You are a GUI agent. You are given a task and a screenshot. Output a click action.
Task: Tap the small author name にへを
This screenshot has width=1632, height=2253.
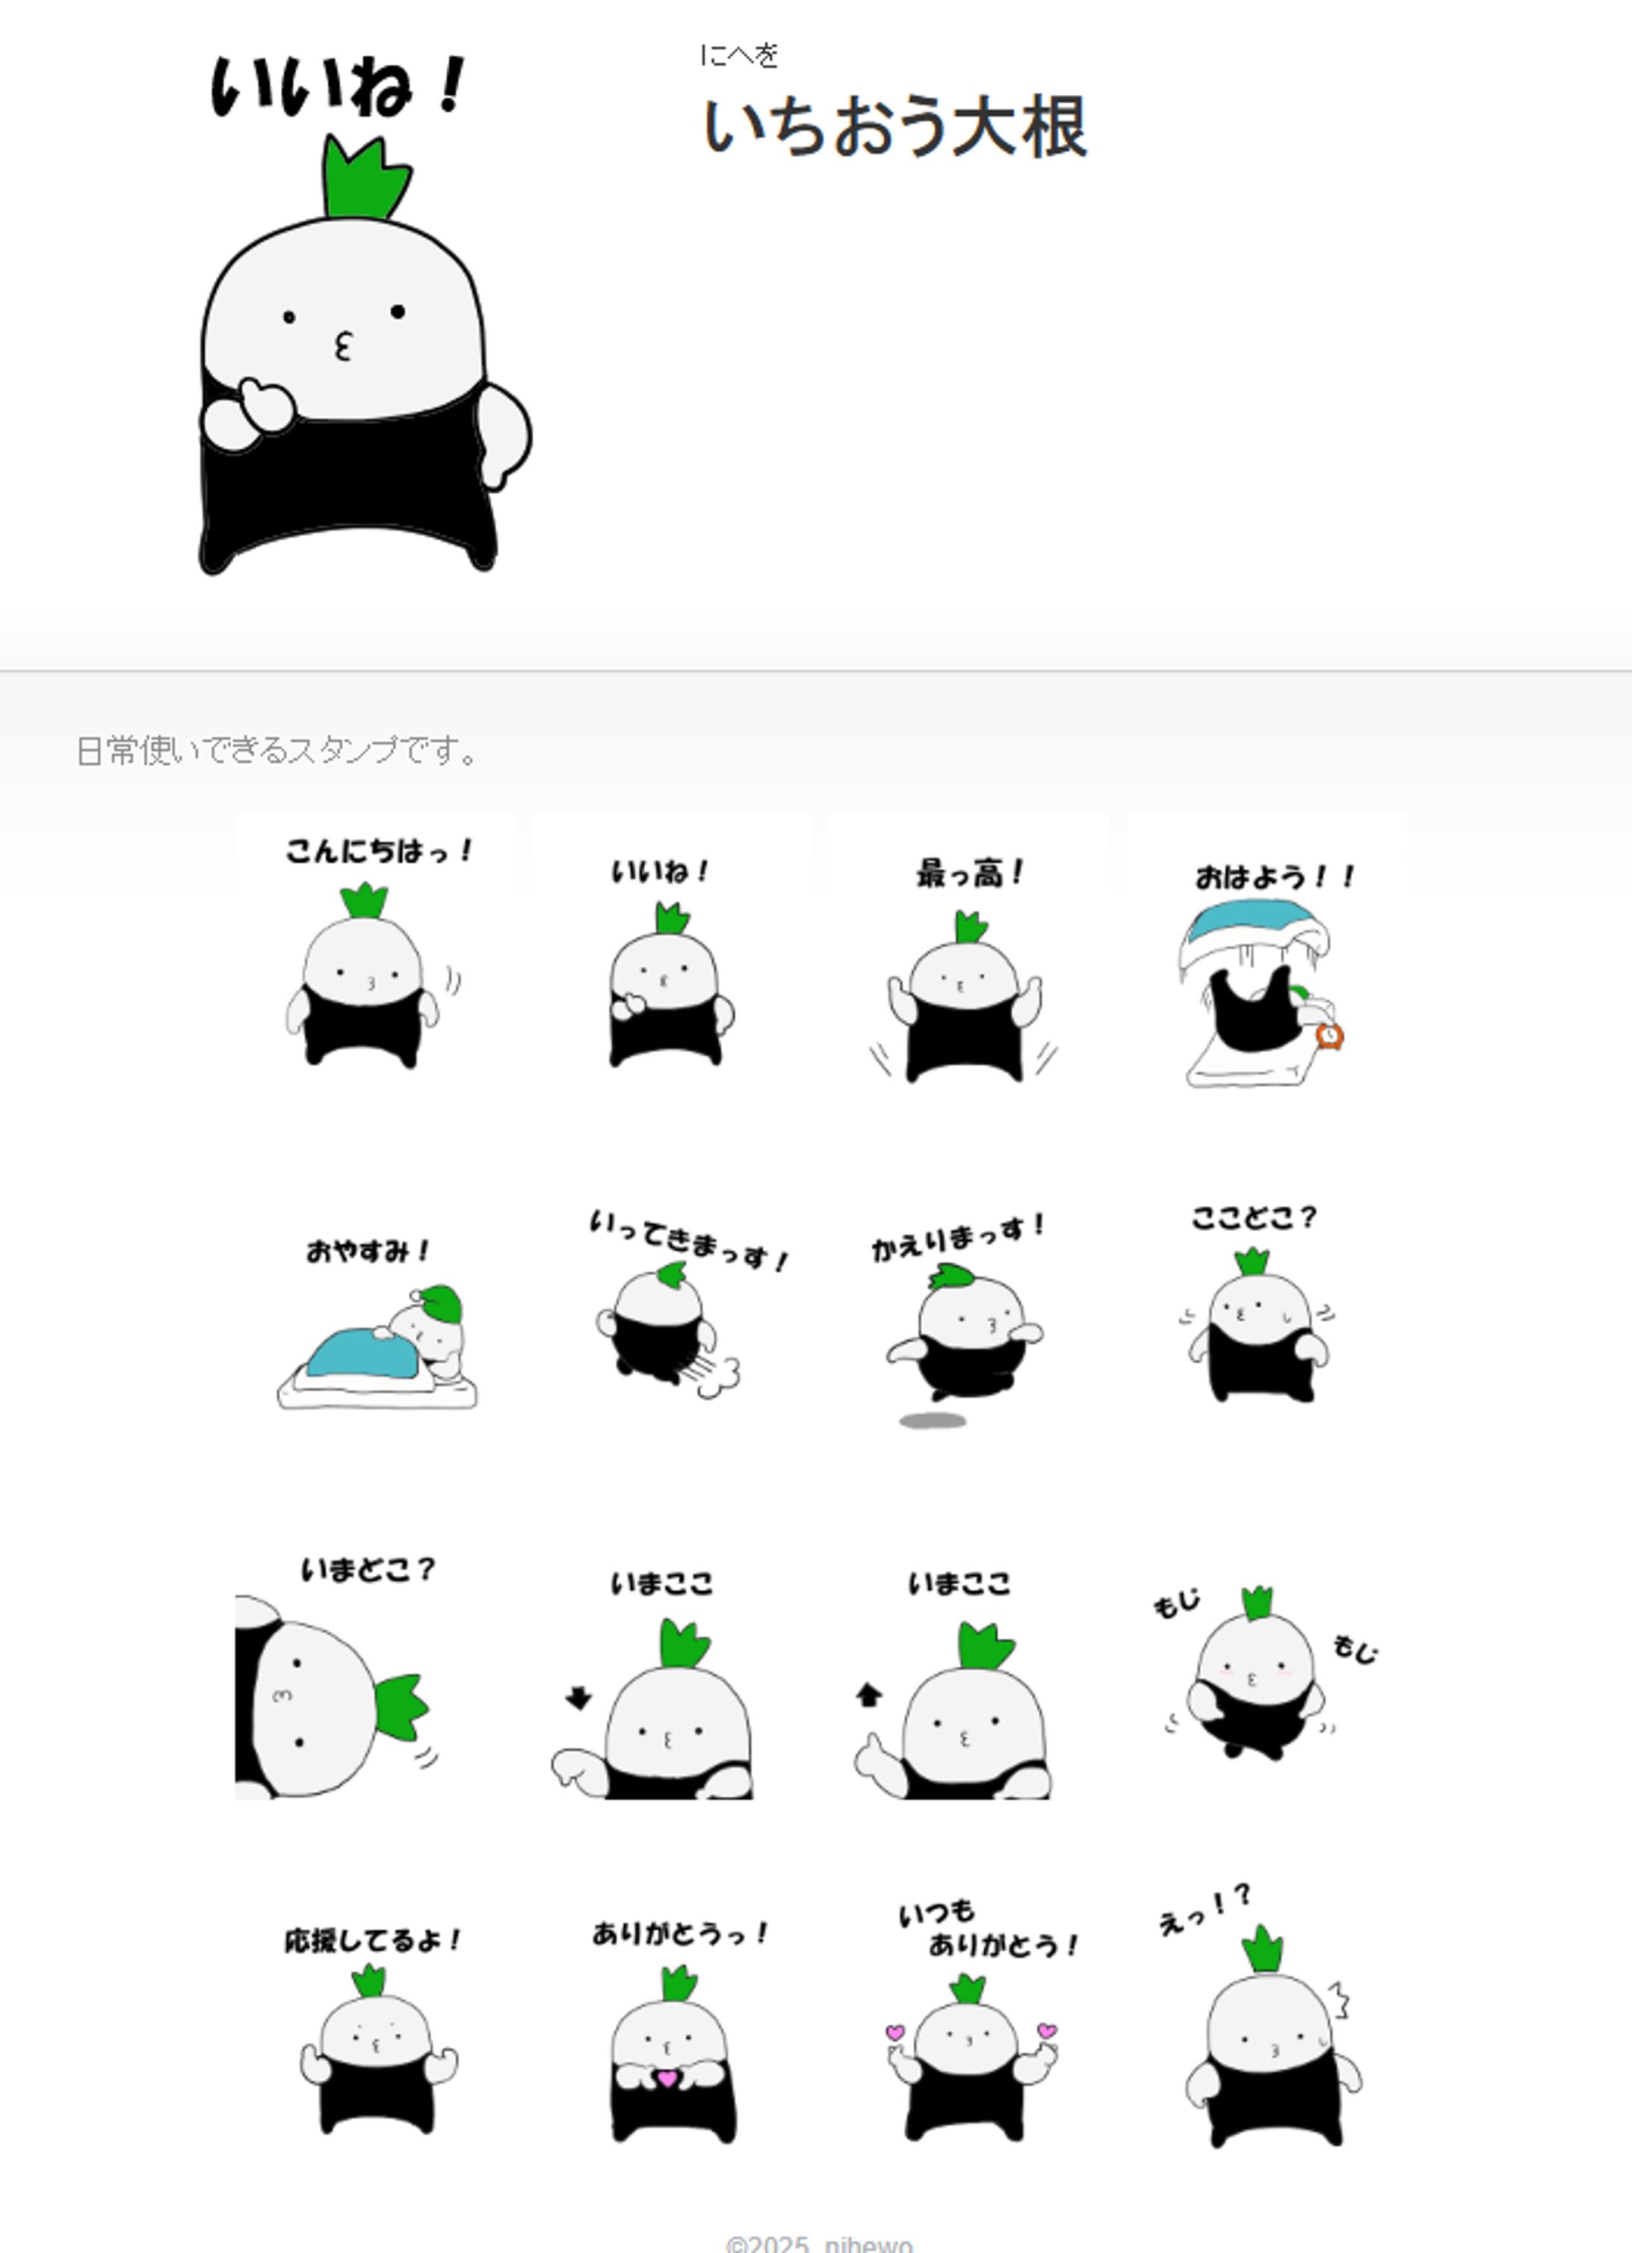(x=739, y=55)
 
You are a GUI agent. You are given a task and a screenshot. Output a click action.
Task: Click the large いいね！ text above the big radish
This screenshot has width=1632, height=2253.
(x=339, y=87)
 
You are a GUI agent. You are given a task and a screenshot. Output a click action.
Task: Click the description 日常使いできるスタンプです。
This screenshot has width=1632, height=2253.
(x=276, y=751)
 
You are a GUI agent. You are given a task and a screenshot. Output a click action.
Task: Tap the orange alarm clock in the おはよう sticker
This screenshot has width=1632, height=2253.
(x=1329, y=1036)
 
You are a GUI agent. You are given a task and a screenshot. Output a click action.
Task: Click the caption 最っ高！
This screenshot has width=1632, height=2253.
(x=969, y=874)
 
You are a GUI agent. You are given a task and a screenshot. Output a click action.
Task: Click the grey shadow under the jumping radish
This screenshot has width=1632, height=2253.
(x=932, y=1421)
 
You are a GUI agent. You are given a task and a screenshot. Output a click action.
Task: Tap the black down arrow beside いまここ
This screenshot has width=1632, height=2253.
(x=578, y=1698)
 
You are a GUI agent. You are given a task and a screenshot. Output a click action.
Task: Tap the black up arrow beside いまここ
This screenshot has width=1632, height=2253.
(x=868, y=1694)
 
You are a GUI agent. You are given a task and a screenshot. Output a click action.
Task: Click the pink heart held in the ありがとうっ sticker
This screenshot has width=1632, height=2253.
(x=667, y=2077)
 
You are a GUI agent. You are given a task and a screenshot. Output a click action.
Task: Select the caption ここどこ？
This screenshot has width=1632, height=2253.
(x=1254, y=1218)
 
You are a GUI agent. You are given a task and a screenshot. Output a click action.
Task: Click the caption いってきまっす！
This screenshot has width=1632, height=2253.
(x=688, y=1239)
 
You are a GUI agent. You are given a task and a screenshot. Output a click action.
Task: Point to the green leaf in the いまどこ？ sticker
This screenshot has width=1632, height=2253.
(x=402, y=1706)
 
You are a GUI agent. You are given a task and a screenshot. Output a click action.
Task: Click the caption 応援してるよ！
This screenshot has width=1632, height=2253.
(x=372, y=1940)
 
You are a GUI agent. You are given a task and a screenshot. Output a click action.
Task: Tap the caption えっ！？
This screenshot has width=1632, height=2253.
(x=1204, y=1909)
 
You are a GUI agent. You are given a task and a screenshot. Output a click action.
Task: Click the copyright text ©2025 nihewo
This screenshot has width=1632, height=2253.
(x=818, y=2243)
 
